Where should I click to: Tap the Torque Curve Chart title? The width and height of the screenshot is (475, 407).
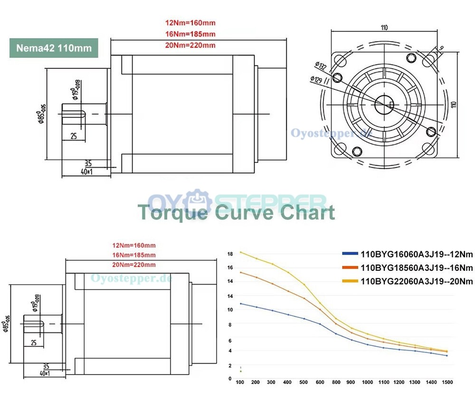click(x=236, y=212)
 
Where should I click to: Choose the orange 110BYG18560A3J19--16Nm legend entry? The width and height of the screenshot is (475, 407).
click(x=408, y=267)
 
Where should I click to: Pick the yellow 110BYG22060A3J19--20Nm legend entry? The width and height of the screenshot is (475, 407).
click(x=408, y=281)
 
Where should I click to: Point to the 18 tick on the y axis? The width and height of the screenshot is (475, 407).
click(x=230, y=254)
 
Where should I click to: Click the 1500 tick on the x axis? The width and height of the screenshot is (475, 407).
click(x=447, y=382)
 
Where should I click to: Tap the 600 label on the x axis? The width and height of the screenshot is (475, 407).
click(x=320, y=382)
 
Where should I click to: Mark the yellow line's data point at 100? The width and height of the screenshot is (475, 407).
click(x=240, y=252)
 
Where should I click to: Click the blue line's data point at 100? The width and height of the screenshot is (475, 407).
click(x=240, y=303)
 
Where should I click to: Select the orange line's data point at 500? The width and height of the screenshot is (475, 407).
click(x=304, y=298)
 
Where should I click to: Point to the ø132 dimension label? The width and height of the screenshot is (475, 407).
click(x=320, y=66)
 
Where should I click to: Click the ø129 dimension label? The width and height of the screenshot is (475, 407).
click(x=317, y=79)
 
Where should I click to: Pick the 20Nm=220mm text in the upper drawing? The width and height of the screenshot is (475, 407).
click(x=190, y=46)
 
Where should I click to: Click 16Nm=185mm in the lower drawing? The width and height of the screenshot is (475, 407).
click(x=133, y=255)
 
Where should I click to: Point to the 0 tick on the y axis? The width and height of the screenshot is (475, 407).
click(x=230, y=379)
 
